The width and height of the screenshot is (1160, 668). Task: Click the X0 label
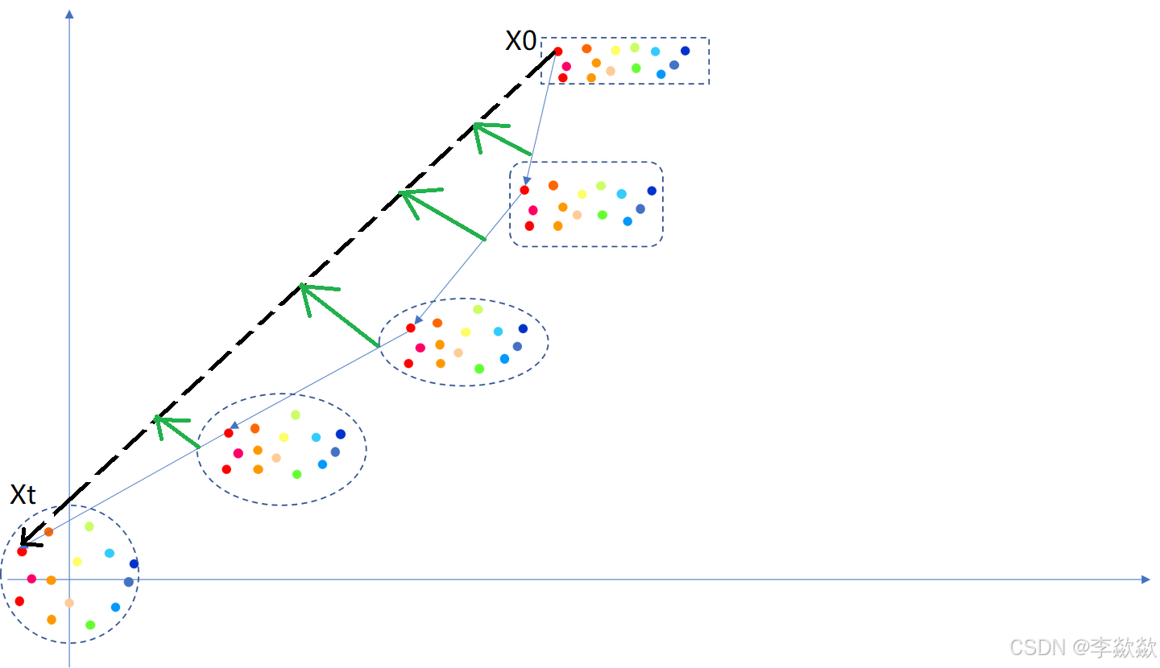(x=520, y=41)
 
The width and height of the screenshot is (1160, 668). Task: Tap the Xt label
(x=23, y=494)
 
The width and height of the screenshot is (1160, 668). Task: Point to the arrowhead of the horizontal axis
(x=1145, y=579)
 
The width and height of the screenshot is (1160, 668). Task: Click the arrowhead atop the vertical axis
(x=69, y=14)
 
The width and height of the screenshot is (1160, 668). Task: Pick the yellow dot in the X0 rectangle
(x=615, y=51)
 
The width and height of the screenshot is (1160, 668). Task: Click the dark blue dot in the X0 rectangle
(x=685, y=51)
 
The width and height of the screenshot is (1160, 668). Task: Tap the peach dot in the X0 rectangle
(x=611, y=71)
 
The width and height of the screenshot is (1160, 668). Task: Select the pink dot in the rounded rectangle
(x=532, y=210)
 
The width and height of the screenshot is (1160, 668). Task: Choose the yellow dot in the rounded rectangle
(x=582, y=194)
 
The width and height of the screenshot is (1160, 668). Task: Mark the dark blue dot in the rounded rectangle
(x=652, y=191)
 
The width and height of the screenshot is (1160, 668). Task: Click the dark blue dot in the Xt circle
(x=134, y=563)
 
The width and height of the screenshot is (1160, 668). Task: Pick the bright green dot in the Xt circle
(x=90, y=625)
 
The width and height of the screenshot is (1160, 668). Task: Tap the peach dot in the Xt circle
(x=69, y=603)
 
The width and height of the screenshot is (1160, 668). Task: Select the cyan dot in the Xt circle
(x=110, y=553)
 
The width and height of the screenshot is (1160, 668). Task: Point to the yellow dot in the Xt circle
(x=77, y=562)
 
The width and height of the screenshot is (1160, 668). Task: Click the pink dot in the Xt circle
(x=31, y=579)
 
